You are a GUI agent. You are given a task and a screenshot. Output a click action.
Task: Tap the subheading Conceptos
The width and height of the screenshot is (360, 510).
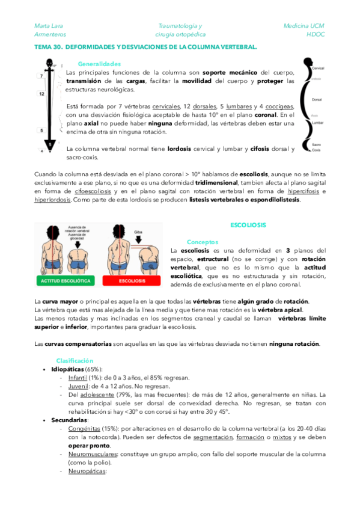(x=202, y=242)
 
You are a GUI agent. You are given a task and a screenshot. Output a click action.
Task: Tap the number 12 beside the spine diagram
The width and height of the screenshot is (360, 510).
(x=41, y=94)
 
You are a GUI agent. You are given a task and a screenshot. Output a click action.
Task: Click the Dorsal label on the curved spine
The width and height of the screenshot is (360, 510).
(x=318, y=100)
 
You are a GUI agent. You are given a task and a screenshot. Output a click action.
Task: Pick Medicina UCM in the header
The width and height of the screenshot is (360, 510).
(x=304, y=26)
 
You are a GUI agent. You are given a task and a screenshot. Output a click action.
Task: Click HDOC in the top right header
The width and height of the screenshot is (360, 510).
(x=315, y=34)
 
